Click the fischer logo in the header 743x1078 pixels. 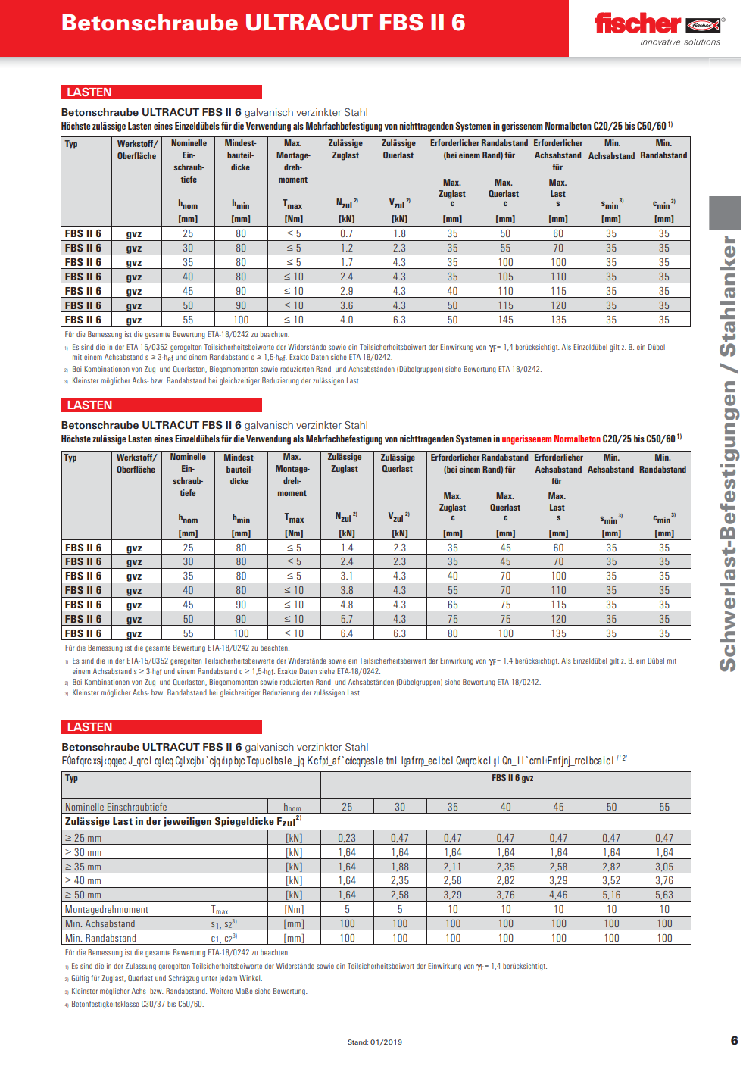(658, 24)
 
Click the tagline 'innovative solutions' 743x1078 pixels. (680, 42)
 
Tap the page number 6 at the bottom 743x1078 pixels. (733, 1040)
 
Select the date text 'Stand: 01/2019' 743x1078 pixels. (375, 1042)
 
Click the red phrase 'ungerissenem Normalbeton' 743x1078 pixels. (551, 439)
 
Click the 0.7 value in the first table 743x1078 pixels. (346, 234)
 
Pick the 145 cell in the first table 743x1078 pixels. (505, 320)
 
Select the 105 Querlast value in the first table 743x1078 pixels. (505, 277)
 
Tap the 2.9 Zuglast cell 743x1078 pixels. (346, 291)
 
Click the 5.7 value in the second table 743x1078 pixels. (346, 619)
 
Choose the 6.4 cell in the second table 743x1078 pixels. (346, 633)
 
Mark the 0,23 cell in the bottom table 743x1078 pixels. (347, 838)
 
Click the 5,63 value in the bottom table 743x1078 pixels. (664, 895)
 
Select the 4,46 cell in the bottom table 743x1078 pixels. (558, 895)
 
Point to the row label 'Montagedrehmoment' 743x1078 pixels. (107, 909)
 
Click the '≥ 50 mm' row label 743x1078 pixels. (83, 895)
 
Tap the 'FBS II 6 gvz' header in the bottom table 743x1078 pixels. (512, 778)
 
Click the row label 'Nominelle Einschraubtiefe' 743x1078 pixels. (116, 807)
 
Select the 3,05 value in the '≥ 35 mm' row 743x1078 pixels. (664, 867)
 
